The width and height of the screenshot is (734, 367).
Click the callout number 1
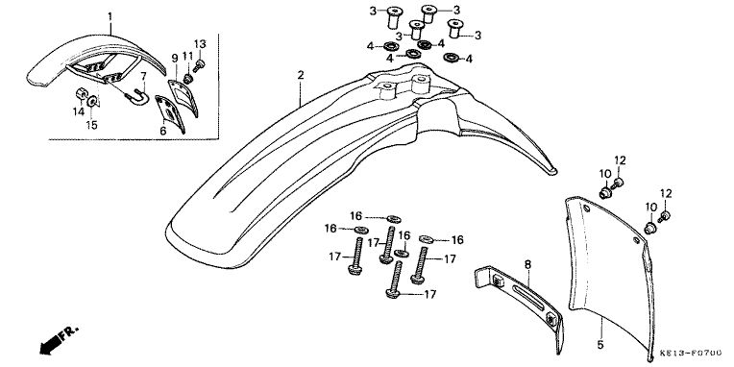tap(110, 17)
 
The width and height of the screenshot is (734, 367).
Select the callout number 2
tap(301, 75)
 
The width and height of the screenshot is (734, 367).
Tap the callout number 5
tap(600, 346)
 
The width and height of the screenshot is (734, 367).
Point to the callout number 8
tap(528, 265)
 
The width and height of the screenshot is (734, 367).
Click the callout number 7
tap(144, 75)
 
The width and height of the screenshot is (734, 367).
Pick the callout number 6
tap(163, 131)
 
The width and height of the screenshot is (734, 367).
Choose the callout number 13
tap(200, 44)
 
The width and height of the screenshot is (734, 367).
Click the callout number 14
tap(78, 111)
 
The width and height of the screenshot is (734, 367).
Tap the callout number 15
tap(92, 126)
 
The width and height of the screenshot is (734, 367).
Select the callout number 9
tap(175, 58)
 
